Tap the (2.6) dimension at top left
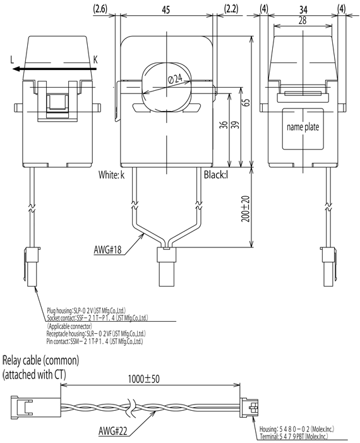100,9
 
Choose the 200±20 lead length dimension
246,206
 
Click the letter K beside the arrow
95,60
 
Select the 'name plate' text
303,127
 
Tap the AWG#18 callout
111,251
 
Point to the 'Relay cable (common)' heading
41,361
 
